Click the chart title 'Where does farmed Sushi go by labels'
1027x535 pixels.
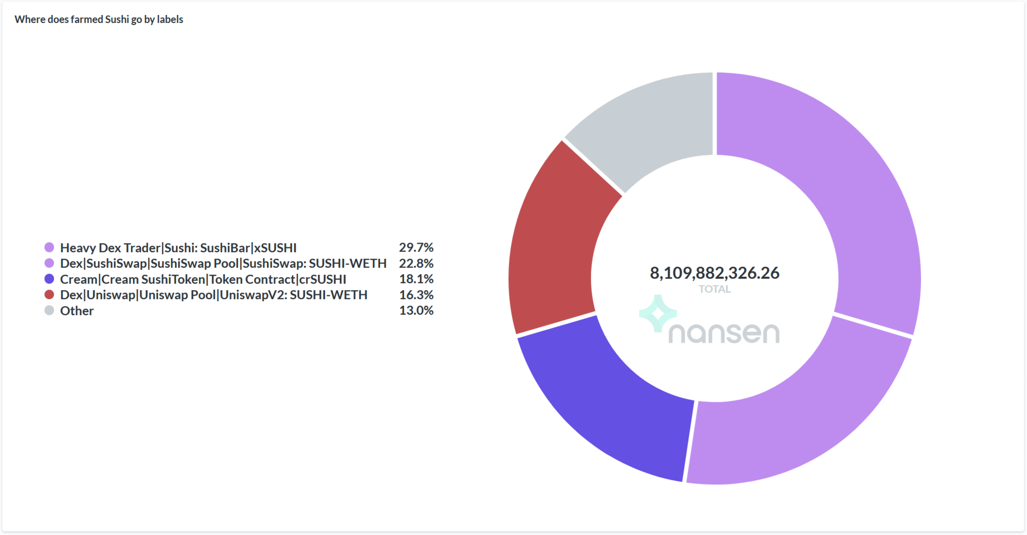[x=99, y=19]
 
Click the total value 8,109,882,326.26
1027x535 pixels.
[x=715, y=273]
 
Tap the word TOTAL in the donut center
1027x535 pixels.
[x=715, y=289]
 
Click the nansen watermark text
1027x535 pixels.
[x=724, y=333]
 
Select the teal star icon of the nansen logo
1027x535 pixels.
[x=658, y=313]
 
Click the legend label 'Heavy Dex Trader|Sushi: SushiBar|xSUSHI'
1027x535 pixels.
[x=178, y=247]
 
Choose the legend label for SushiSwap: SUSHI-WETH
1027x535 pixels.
[x=223, y=263]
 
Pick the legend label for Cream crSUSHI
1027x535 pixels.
[x=203, y=279]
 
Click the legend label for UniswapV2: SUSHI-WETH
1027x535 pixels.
[x=214, y=295]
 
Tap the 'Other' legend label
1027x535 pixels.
[x=77, y=311]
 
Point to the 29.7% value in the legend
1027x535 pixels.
[x=416, y=247]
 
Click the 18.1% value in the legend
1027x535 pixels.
[x=416, y=279]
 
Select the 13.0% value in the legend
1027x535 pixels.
[x=416, y=311]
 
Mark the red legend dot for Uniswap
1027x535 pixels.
[x=49, y=294]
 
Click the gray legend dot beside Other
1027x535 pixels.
[x=49, y=311]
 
